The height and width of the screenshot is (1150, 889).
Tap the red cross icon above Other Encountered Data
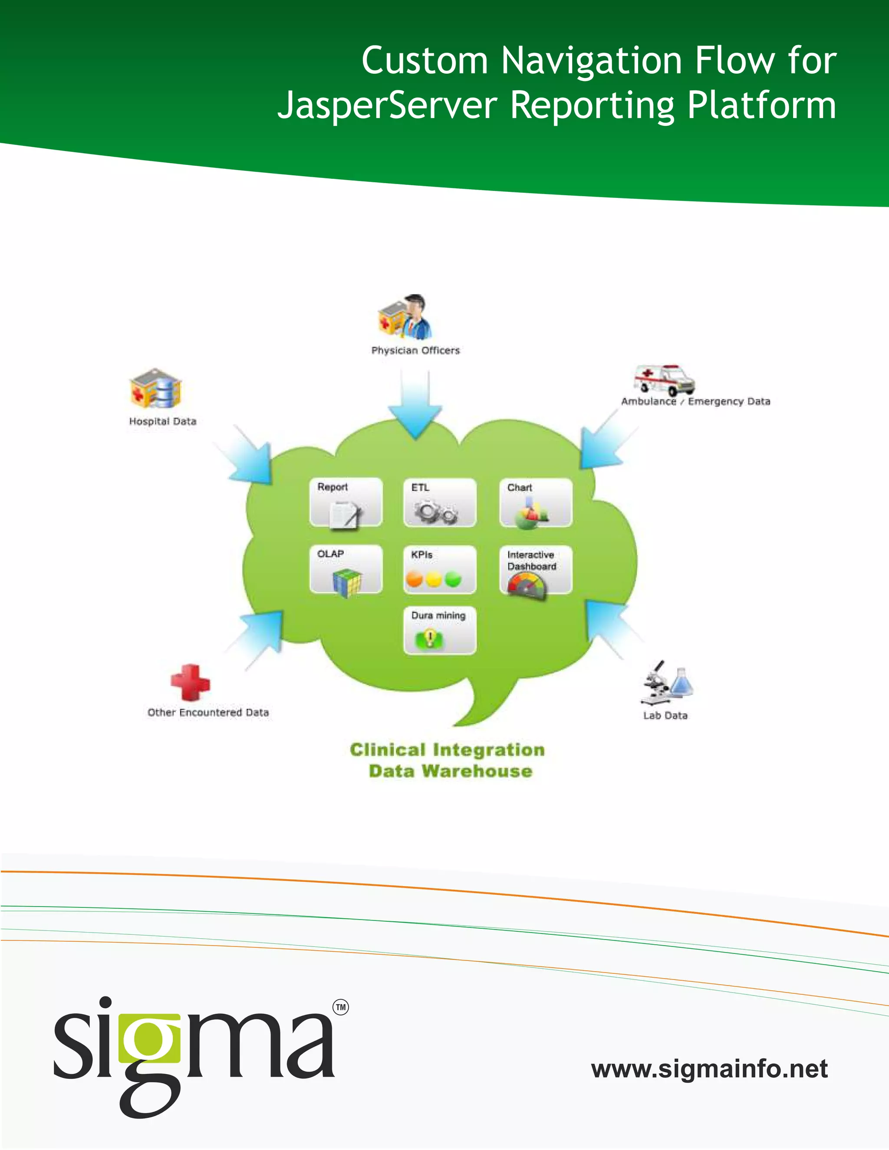point(190,683)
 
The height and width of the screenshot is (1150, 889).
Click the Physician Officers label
point(415,351)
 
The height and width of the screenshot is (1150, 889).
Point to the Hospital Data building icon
point(155,388)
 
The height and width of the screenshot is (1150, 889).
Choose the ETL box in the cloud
point(440,503)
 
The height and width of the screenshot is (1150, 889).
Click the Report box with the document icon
point(346,503)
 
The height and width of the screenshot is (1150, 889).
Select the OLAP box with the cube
point(346,569)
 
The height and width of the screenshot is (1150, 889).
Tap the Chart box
point(536,503)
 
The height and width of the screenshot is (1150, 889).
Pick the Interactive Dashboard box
point(536,570)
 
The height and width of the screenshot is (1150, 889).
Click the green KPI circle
point(453,580)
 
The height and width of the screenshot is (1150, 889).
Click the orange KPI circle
point(415,580)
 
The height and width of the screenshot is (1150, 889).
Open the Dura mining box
point(440,630)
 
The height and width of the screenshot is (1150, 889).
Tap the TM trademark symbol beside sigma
point(341,1007)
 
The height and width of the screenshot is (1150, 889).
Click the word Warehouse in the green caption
point(477,772)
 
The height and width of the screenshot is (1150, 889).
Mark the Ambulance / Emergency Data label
point(695,402)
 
